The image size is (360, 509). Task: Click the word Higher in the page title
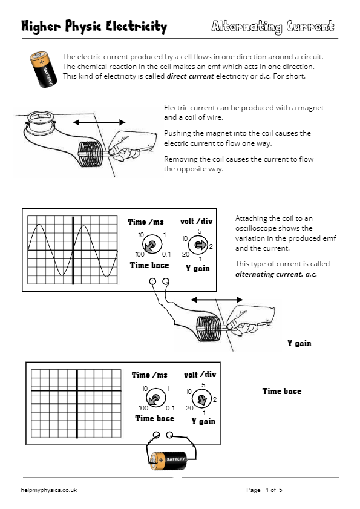click(x=39, y=27)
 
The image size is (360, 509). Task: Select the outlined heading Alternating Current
click(x=272, y=27)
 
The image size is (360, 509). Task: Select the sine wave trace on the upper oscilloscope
click(x=73, y=249)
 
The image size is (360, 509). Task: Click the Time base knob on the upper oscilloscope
click(x=152, y=245)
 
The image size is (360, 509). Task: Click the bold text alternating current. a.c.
click(x=276, y=274)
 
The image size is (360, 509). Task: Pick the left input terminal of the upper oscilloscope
click(x=152, y=281)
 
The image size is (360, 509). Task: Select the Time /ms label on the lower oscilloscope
click(x=149, y=375)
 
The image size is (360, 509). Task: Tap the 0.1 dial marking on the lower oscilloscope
click(x=171, y=409)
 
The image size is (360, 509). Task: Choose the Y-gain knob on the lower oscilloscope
click(x=201, y=399)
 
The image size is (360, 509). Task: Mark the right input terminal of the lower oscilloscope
click(x=170, y=435)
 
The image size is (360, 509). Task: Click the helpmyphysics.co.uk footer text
click(x=49, y=490)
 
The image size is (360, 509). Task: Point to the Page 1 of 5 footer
click(x=264, y=490)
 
